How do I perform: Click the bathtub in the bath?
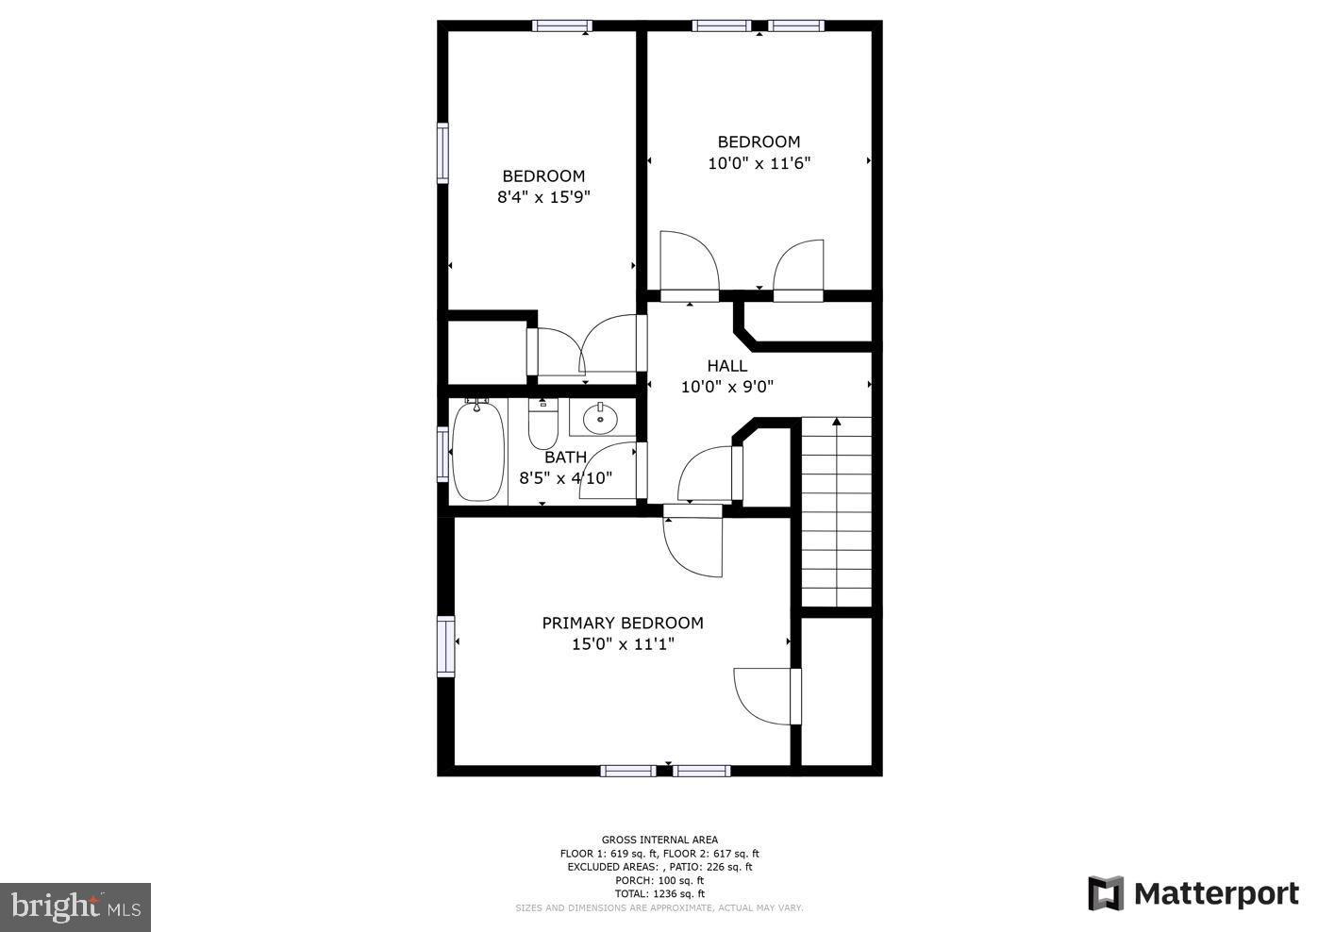click(x=478, y=451)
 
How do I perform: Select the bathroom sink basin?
click(x=600, y=418)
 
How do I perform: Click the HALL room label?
click(x=726, y=366)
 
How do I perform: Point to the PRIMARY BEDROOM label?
click(x=622, y=623)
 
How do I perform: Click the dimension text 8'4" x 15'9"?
click(x=543, y=197)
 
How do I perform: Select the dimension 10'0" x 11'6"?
click(x=759, y=163)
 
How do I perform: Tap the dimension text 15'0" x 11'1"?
click(x=622, y=644)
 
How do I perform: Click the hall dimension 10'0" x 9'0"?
click(x=726, y=387)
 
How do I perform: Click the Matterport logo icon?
click(x=1105, y=893)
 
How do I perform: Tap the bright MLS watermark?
click(x=75, y=907)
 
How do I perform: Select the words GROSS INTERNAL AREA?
click(x=659, y=840)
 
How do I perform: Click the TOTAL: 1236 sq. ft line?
click(x=659, y=893)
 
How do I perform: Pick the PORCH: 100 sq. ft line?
click(x=659, y=880)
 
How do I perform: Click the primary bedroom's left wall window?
click(x=444, y=645)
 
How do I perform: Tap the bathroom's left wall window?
click(x=442, y=455)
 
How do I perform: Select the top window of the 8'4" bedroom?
click(x=561, y=25)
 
